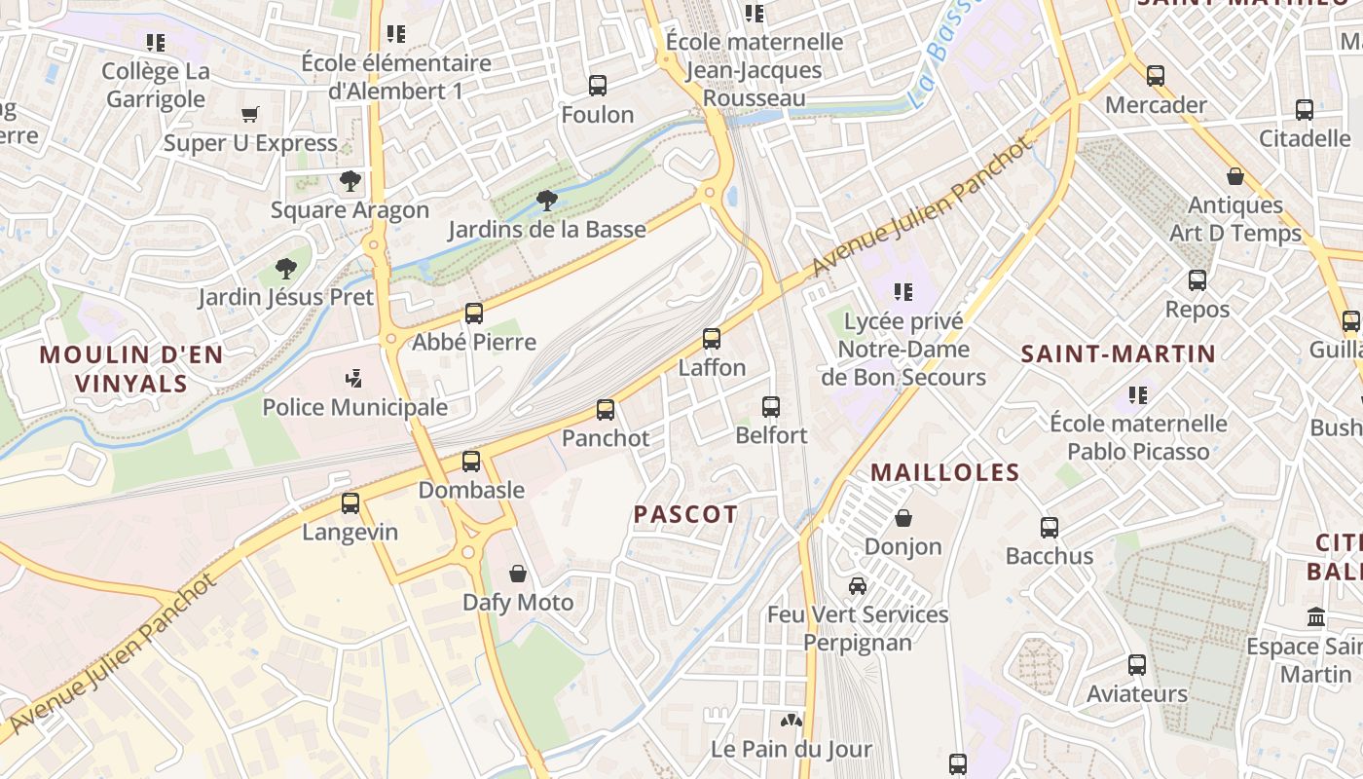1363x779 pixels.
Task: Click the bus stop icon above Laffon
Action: tap(712, 339)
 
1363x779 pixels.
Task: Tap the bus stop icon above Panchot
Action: tap(606, 410)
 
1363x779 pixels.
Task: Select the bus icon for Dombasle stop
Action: tap(471, 462)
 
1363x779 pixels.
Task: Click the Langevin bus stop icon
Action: tap(350, 503)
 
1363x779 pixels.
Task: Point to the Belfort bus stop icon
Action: tap(771, 407)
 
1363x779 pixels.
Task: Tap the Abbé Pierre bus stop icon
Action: tap(474, 314)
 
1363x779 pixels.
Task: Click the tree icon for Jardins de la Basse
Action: tap(547, 201)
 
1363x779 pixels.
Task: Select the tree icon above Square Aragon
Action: tap(350, 181)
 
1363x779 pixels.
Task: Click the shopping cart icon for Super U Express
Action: tap(250, 115)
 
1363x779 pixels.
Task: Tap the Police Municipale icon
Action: tap(354, 378)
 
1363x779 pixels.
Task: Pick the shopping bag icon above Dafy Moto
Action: tap(518, 574)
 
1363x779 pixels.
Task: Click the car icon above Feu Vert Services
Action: tap(858, 585)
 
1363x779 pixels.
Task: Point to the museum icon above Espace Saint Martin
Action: tap(1317, 616)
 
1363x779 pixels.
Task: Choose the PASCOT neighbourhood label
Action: tap(685, 514)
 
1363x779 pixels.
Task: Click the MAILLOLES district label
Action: tap(944, 473)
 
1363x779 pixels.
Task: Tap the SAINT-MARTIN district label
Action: tap(1119, 353)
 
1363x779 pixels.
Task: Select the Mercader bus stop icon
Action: tap(1156, 76)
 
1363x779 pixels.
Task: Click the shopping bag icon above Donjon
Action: tap(903, 517)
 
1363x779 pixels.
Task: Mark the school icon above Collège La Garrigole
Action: tap(156, 43)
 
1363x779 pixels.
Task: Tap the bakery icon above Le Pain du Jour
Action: tap(791, 721)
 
